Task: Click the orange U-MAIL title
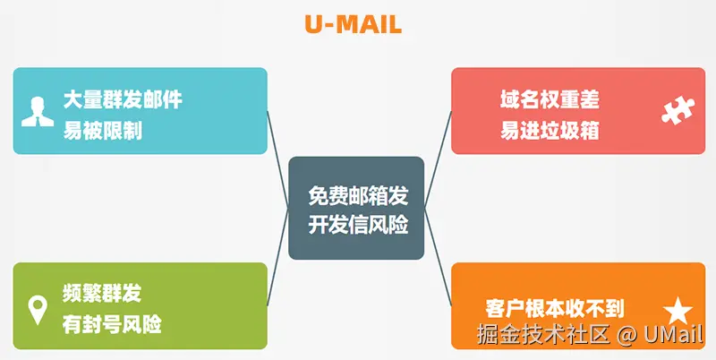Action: tap(353, 25)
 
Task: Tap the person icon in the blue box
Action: tap(36, 109)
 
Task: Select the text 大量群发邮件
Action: tap(123, 99)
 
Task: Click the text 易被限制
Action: tap(102, 131)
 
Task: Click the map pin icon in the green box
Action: tap(38, 310)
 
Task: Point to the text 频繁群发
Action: tap(102, 292)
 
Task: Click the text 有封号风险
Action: tap(112, 322)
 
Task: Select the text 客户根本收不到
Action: tap(555, 307)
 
